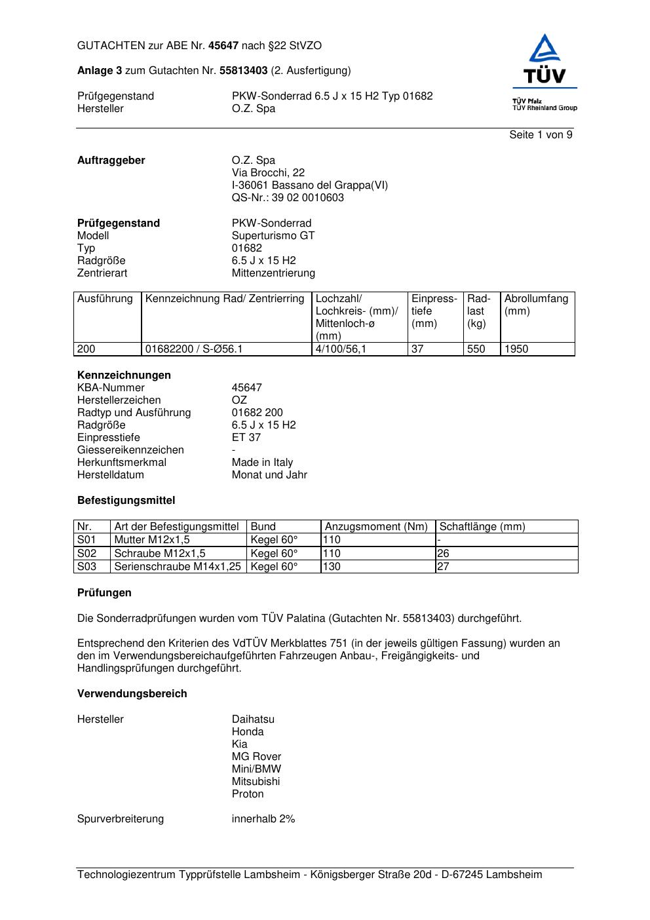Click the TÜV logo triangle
[545, 50]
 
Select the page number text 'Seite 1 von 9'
[541, 135]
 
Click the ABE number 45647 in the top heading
[223, 46]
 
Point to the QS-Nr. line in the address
[288, 198]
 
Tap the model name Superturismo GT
[273, 236]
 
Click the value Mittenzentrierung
[273, 273]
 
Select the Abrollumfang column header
[536, 305]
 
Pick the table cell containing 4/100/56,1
[341, 349]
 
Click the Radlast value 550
[476, 349]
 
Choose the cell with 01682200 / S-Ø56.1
[194, 349]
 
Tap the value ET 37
[246, 438]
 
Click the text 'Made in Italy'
[262, 463]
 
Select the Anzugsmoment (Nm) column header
[376, 527]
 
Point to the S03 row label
[86, 567]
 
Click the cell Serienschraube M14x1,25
[178, 567]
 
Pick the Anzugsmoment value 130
[332, 567]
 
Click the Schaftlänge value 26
[443, 554]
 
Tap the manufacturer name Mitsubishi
[256, 782]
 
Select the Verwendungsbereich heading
[132, 694]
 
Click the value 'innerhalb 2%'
[263, 819]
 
